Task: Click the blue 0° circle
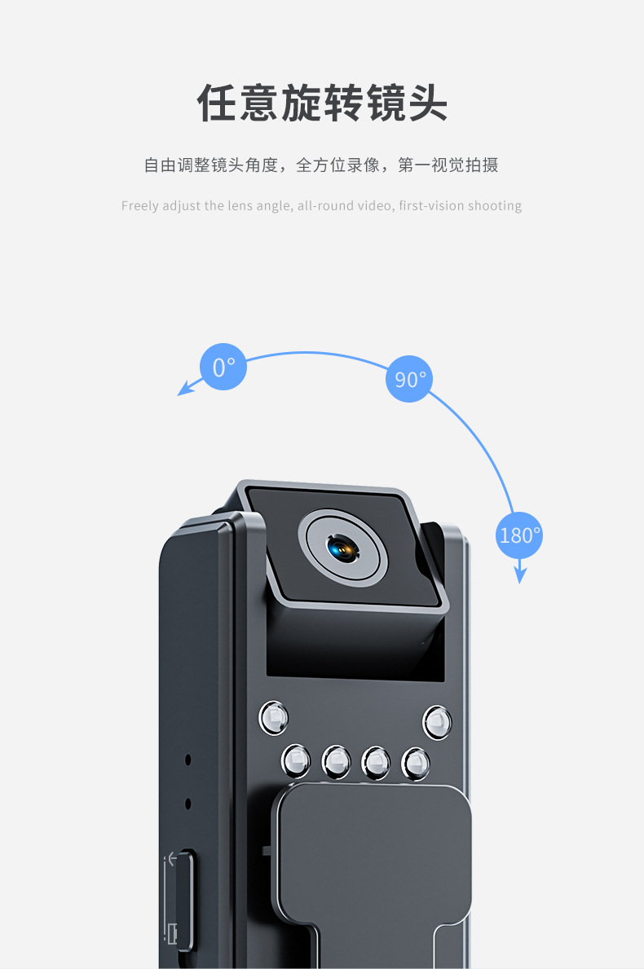pyautogui.click(x=223, y=367)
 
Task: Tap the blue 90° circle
pyautogui.click(x=409, y=379)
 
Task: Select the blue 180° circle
pyautogui.click(x=519, y=535)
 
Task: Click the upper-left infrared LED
pyautogui.click(x=274, y=717)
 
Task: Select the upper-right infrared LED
pyautogui.click(x=437, y=722)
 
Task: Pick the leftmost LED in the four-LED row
pyautogui.click(x=296, y=760)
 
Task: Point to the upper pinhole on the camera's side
pyautogui.click(x=188, y=760)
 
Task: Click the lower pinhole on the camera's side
pyautogui.click(x=188, y=804)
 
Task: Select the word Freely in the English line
pyautogui.click(x=139, y=205)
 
